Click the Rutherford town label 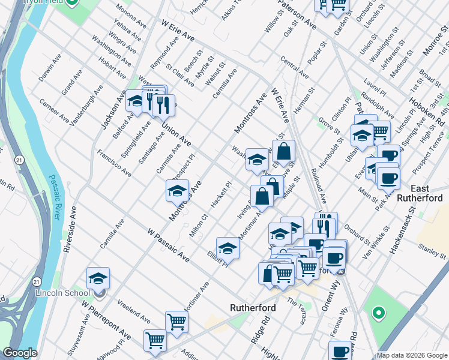(x=253, y=308)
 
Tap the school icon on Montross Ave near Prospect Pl (x=177, y=191)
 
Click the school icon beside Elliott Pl (x=228, y=247)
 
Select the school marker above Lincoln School (x=98, y=278)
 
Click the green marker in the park (x=378, y=312)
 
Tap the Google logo (x=20, y=353)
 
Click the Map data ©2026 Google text (x=411, y=355)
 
